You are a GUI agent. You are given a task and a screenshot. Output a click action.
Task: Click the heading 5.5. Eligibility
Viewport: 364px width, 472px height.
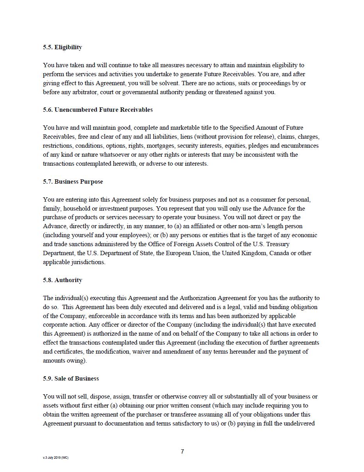point(62,47)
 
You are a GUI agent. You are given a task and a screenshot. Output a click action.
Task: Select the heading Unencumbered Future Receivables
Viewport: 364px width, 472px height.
point(103,110)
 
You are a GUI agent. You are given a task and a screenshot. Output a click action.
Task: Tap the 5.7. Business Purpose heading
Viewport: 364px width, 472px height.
point(73,182)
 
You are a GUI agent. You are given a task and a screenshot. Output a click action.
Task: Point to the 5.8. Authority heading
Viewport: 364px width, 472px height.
point(62,280)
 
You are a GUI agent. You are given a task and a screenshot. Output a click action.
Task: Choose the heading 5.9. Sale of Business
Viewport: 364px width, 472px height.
point(71,379)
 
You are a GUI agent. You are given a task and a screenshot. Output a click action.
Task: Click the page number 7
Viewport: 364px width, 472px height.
point(182,452)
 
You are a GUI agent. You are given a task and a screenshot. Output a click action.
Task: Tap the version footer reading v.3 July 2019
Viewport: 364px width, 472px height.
point(55,458)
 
